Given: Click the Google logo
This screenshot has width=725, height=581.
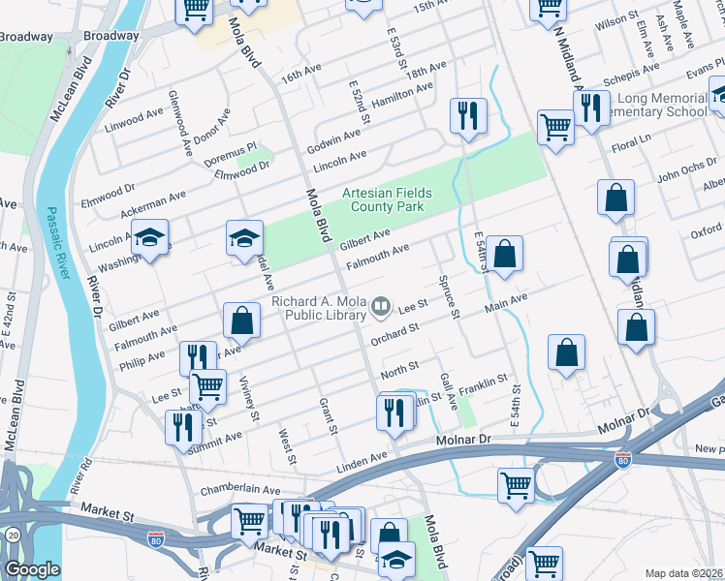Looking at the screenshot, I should (31, 569).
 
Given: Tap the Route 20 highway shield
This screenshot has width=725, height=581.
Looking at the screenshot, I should (12, 535).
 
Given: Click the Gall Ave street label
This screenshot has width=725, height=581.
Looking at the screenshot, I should (446, 392).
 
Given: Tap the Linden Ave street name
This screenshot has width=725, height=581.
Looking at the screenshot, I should (362, 455).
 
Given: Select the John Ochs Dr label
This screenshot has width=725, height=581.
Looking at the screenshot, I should (684, 175).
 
